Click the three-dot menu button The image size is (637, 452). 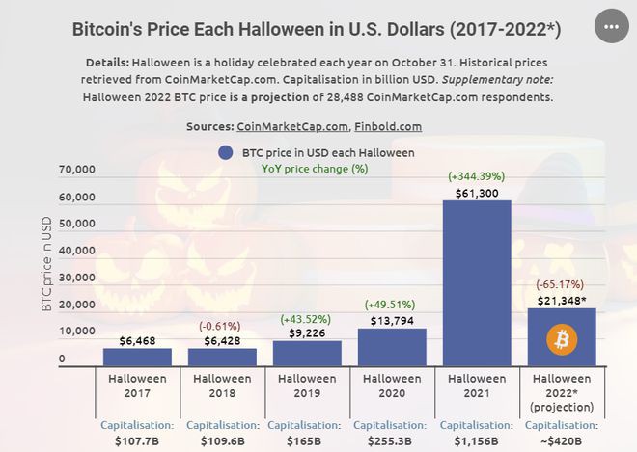pyautogui.click(x=610, y=27)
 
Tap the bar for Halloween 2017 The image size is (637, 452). pyautogui.click(x=137, y=357)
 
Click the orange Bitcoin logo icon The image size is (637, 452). pyautogui.click(x=562, y=339)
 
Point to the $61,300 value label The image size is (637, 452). pyautogui.click(x=477, y=193)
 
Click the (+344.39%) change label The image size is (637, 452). pyautogui.click(x=477, y=176)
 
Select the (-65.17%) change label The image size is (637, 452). pyautogui.click(x=562, y=284)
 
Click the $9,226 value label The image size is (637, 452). pyautogui.click(x=307, y=333)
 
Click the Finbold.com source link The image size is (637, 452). pyautogui.click(x=388, y=126)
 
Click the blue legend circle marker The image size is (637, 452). pyautogui.click(x=226, y=152)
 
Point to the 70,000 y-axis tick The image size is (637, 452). pyautogui.click(x=77, y=170)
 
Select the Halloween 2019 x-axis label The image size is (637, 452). pyautogui.click(x=307, y=386)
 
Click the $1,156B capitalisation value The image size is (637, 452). pyautogui.click(x=477, y=440)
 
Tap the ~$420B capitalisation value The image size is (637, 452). pyautogui.click(x=562, y=440)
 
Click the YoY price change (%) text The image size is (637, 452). pyautogui.click(x=315, y=168)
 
